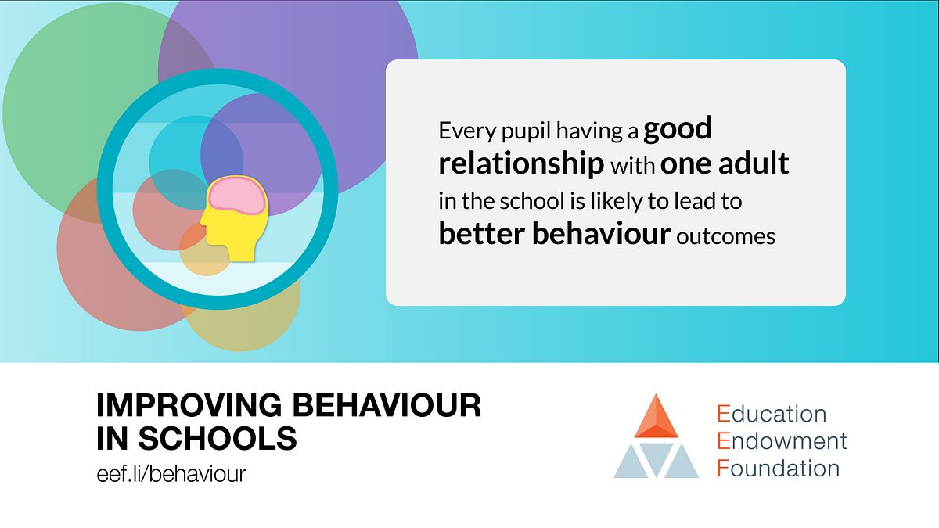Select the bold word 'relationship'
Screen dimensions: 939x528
[521, 163]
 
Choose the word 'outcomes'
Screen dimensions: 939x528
[725, 236]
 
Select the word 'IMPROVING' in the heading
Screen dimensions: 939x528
[189, 405]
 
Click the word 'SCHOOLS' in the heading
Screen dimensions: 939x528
[218, 438]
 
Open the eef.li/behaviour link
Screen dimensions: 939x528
[171, 474]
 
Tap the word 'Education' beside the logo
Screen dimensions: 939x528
[772, 414]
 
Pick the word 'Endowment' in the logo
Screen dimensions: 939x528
[782, 441]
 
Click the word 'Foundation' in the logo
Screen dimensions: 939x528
[779, 468]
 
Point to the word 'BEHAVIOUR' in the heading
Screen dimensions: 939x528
[387, 405]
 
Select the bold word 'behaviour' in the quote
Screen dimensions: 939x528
[602, 233]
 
